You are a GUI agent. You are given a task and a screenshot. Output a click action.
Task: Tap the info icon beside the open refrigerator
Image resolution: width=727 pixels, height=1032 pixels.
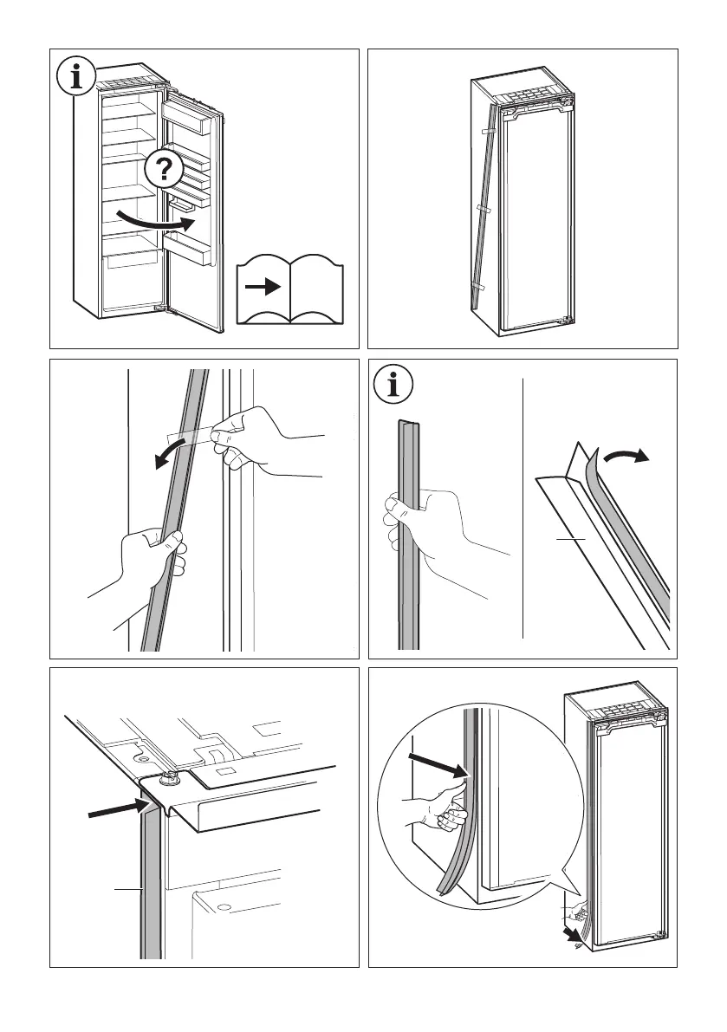pos(78,77)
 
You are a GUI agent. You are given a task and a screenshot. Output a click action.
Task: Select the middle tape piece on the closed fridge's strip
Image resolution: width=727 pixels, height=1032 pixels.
pos(482,210)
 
